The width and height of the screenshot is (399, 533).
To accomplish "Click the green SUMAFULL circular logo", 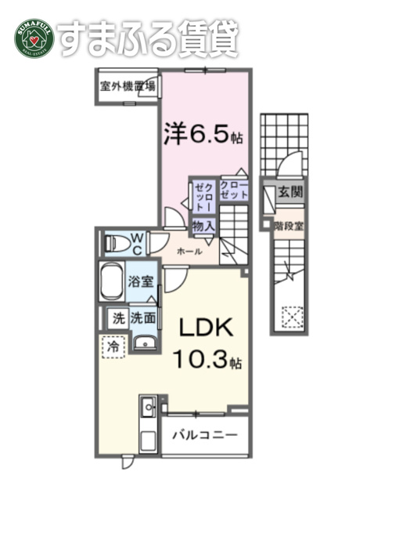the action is click(x=34, y=38).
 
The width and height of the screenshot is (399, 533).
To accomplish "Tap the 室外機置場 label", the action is click(x=128, y=86).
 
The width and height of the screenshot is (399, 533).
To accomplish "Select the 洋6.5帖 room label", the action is click(x=203, y=133).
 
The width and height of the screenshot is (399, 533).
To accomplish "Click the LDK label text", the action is click(x=206, y=328).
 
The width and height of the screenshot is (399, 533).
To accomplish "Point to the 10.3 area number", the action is click(x=199, y=359).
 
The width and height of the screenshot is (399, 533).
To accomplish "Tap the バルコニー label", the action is click(x=205, y=435).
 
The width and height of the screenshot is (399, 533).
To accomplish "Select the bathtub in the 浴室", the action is click(x=110, y=281).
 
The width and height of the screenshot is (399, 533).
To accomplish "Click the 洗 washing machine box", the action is click(x=118, y=318).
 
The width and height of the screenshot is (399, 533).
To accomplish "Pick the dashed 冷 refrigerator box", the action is click(x=113, y=346).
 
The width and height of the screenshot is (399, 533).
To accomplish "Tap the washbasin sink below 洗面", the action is click(x=145, y=343).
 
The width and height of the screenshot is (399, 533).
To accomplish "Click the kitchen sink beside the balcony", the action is click(x=149, y=407).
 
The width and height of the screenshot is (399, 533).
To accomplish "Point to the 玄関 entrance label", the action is click(x=290, y=192).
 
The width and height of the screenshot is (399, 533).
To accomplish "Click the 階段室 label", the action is click(x=289, y=226).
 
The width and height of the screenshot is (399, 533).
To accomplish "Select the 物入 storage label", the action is click(x=203, y=226).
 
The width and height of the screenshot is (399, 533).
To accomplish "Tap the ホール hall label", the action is click(x=189, y=252).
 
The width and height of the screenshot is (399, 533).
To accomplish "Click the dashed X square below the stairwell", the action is click(x=293, y=317).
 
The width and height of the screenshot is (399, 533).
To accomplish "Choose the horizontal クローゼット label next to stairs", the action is click(x=234, y=190).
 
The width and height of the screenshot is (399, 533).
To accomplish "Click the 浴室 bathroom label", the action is click(x=141, y=281).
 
